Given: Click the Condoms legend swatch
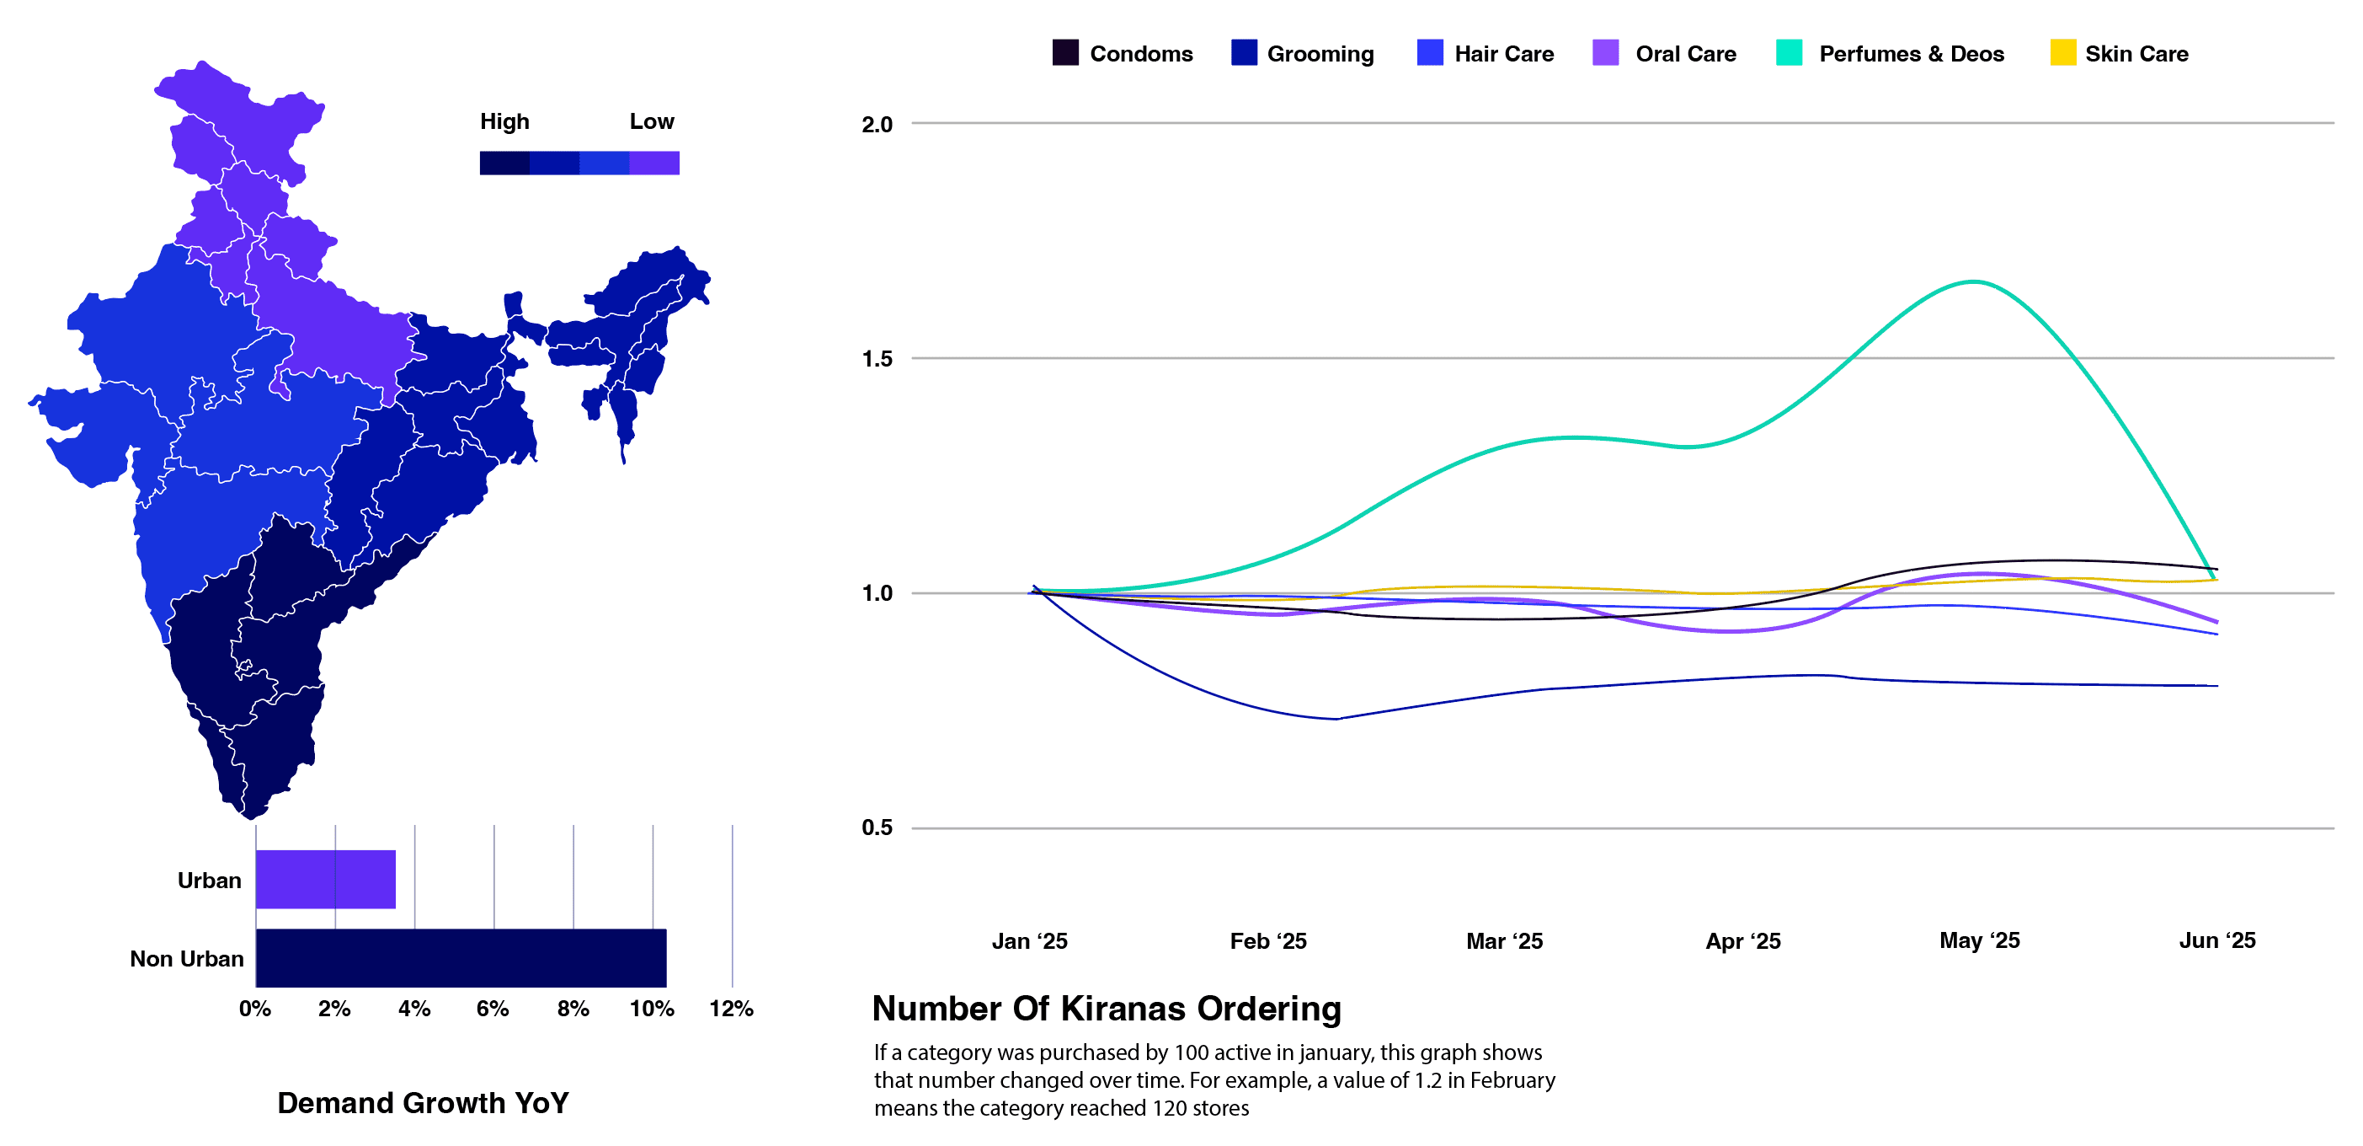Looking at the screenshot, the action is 1065,52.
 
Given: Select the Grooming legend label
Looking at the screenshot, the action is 1320,54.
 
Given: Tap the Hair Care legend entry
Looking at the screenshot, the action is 1486,53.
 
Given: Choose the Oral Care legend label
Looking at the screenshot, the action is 1685,54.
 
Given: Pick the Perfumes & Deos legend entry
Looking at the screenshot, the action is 1890,53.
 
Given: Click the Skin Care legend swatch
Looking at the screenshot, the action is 2063,52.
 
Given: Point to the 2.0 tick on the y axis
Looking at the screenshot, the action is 877,124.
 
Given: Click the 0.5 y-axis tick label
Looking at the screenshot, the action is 877,827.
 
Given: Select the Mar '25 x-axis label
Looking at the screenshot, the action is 1504,941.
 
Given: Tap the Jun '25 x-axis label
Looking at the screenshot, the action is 2217,940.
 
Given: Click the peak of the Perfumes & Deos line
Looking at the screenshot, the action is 1972,281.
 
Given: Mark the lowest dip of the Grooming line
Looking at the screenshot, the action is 1336,719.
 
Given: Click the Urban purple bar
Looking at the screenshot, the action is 326,879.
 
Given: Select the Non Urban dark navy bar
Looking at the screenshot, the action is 461,958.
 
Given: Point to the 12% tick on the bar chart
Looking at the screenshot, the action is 731,1009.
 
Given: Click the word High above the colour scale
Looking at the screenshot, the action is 504,122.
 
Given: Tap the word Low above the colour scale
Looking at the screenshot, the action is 651,121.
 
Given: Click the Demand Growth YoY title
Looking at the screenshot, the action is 423,1103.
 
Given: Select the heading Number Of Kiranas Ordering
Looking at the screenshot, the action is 1107,1009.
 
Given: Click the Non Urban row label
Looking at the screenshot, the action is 187,959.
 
